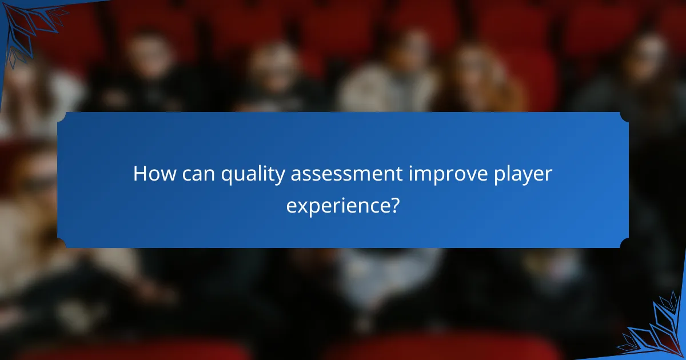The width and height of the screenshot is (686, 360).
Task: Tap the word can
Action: pyautogui.click(x=198, y=174)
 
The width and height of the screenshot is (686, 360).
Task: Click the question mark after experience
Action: pyautogui.click(x=394, y=203)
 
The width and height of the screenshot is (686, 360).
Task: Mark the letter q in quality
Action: pyautogui.click(x=226, y=176)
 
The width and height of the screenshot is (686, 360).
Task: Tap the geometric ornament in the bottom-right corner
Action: pyautogui.click(x=657, y=331)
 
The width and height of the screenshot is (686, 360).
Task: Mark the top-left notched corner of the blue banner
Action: pyautogui.click(x=61, y=115)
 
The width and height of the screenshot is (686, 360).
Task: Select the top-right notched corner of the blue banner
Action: pyautogui.click(x=625, y=115)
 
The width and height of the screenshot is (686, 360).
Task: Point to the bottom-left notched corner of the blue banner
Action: pyautogui.click(x=61, y=245)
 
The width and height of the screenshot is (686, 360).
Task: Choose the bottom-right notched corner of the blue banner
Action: pyautogui.click(x=625, y=245)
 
